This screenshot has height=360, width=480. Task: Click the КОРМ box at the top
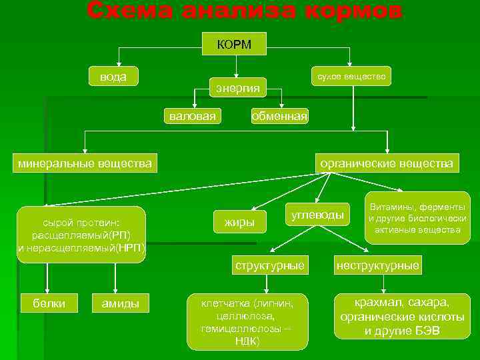click(234, 44)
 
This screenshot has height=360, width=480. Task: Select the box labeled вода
click(113, 76)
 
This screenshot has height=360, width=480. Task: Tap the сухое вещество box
click(351, 77)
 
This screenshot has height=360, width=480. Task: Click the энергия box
click(238, 88)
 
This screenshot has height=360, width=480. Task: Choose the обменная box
click(279, 116)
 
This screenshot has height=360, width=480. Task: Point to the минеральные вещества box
click(85, 163)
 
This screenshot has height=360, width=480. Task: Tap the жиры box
click(239, 221)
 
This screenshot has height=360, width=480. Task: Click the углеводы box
click(317, 215)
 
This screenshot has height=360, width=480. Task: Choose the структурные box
click(269, 265)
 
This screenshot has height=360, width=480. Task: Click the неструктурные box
click(378, 265)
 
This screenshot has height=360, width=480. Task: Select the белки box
click(49, 303)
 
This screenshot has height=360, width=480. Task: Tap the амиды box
click(120, 303)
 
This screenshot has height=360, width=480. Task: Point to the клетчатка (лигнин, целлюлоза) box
click(247, 322)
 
